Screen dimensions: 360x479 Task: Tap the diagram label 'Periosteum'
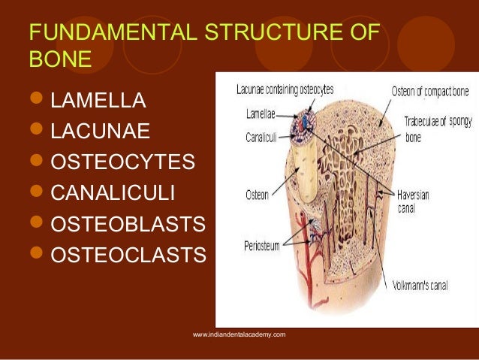[263, 245]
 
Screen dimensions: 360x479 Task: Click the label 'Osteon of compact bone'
[429, 92]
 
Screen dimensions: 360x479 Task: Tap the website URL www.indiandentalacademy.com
[239, 334]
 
